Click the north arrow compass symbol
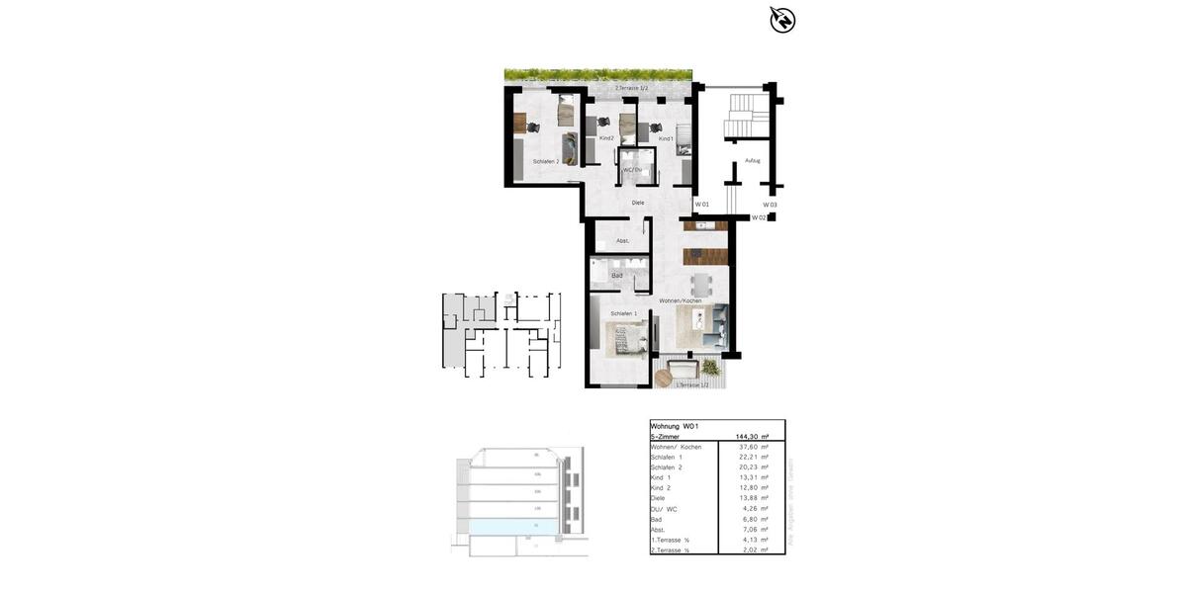pos(782,20)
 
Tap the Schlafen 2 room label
pos(546,161)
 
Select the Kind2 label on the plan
pos(606,138)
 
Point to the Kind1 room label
pos(666,138)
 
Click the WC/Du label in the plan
pos(632,170)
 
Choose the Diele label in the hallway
pos(638,203)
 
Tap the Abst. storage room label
pos(623,241)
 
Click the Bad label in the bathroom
pos(617,276)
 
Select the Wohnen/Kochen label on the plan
pos(681,300)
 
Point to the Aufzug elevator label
pos(753,160)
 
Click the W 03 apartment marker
pos(770,205)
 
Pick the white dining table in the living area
pos(702,283)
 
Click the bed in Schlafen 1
pos(625,338)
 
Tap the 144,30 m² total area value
pos(753,436)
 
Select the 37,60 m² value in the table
pos(755,447)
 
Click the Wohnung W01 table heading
pos(675,426)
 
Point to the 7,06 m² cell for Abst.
pos(755,529)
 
